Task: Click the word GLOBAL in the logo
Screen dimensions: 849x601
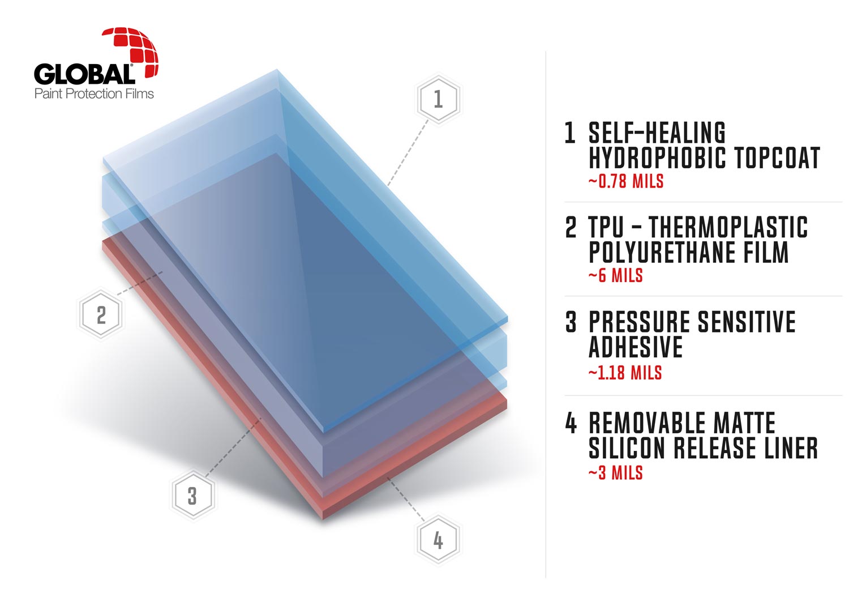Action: (x=84, y=74)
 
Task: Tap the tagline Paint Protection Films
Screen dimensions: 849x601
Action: (x=94, y=93)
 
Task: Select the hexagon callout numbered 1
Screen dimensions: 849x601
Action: (x=439, y=99)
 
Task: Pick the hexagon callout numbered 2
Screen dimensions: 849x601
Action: (x=101, y=314)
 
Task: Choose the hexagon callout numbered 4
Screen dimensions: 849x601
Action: (x=438, y=540)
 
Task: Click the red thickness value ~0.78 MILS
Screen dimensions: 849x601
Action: (x=626, y=181)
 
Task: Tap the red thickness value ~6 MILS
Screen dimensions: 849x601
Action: (x=616, y=275)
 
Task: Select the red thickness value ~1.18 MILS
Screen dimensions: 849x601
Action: (x=625, y=373)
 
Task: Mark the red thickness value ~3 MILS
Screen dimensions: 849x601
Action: (x=616, y=473)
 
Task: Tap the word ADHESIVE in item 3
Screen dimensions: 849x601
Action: (x=636, y=347)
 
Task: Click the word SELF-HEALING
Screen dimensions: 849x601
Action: (x=657, y=133)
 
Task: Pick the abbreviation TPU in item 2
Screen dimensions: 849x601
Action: (x=606, y=227)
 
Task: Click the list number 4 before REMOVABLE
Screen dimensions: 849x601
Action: (x=571, y=423)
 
